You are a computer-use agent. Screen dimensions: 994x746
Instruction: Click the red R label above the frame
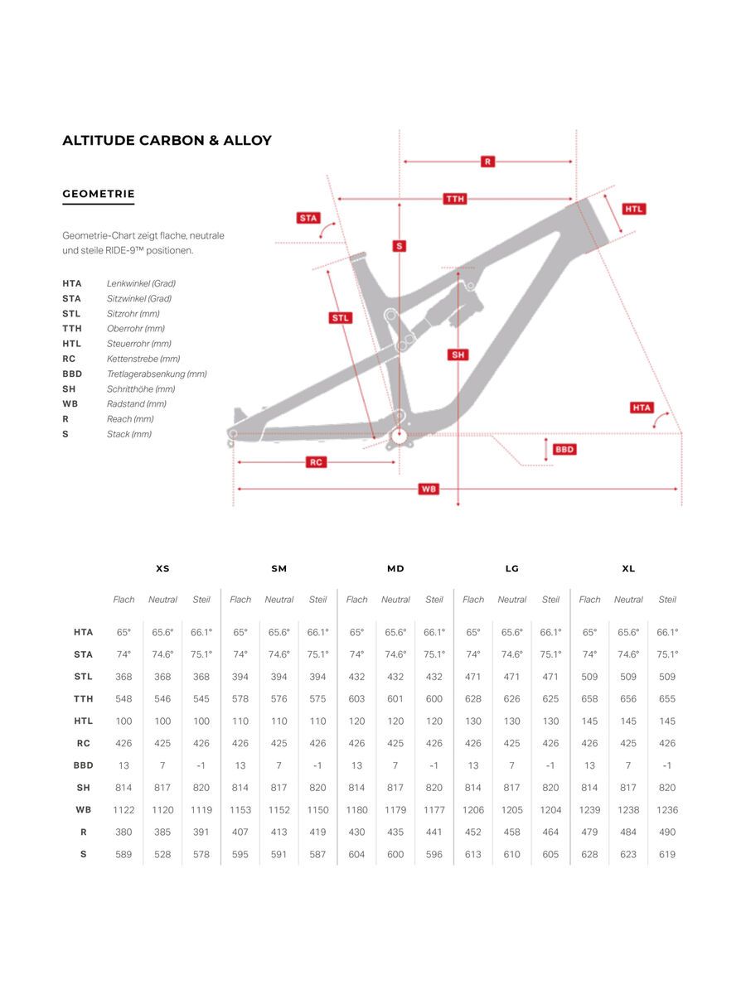tap(487, 162)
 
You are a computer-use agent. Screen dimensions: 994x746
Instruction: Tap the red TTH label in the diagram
tap(455, 199)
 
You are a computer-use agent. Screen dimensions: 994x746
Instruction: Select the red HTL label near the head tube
tap(633, 209)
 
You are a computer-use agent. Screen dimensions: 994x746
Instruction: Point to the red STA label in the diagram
tap(308, 218)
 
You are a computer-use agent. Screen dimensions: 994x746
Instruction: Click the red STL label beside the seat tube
tap(341, 318)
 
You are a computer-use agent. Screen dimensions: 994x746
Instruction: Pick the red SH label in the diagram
tap(458, 355)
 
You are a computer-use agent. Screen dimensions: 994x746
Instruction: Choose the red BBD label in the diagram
tap(564, 449)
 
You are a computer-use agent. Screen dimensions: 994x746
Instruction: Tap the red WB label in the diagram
tap(429, 489)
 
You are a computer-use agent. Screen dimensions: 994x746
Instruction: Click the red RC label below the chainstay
tap(316, 462)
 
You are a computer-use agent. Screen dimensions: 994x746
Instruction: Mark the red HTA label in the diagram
tap(642, 408)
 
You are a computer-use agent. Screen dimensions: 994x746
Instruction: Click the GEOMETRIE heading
tap(98, 194)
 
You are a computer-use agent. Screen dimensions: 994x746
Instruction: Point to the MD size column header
tap(395, 568)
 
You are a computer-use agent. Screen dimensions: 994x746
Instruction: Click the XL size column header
tap(628, 568)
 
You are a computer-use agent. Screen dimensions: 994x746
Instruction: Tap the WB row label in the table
tap(83, 810)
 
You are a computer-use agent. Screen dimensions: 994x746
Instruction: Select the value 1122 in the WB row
tap(124, 810)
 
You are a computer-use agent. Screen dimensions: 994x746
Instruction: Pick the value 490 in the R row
tap(667, 832)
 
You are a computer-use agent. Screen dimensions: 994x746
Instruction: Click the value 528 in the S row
tap(162, 854)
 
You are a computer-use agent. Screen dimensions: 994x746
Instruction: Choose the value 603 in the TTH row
tap(356, 699)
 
